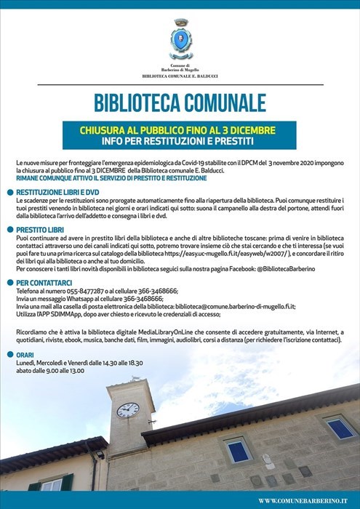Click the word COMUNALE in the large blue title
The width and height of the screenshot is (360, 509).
click(x=223, y=102)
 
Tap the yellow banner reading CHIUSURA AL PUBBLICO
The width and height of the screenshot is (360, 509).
click(x=179, y=130)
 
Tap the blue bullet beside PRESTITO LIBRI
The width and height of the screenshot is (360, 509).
click(x=10, y=229)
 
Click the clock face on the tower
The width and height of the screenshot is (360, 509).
click(x=127, y=410)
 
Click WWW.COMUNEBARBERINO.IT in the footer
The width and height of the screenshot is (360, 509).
click(x=306, y=501)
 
